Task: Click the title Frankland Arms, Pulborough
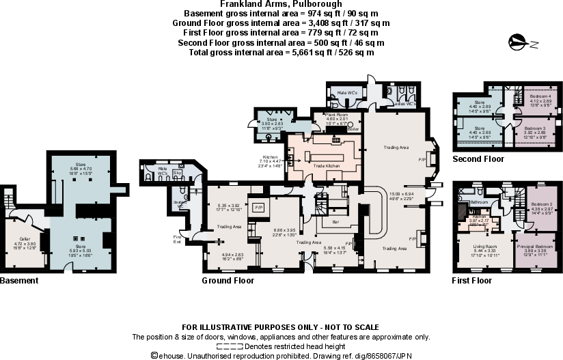point(281,4)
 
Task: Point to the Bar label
point(335,222)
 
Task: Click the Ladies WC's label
point(402,103)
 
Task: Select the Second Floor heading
point(478,159)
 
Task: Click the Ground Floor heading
point(228,281)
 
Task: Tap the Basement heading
point(18,281)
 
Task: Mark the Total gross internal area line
point(281,53)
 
